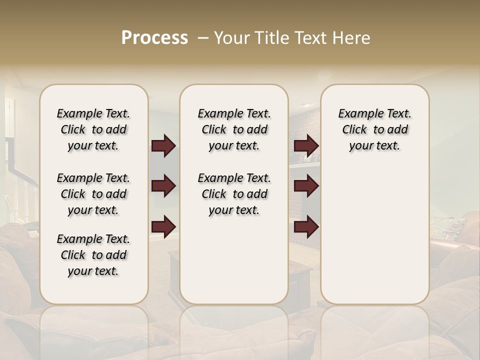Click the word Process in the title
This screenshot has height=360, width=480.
pyautogui.click(x=154, y=37)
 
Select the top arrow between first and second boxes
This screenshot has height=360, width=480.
pyautogui.click(x=163, y=146)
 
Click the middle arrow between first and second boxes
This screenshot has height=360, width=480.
pyautogui.click(x=163, y=186)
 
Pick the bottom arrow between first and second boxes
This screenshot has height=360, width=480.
pyautogui.click(x=163, y=227)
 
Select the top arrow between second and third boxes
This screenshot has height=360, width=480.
pyautogui.click(x=306, y=146)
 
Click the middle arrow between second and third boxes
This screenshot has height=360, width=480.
pyautogui.click(x=306, y=186)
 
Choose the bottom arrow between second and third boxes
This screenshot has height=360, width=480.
pyautogui.click(x=306, y=227)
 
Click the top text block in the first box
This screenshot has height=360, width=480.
pyautogui.click(x=93, y=129)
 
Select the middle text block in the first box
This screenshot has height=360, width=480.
pyautogui.click(x=93, y=194)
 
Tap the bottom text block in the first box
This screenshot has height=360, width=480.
pyautogui.click(x=93, y=255)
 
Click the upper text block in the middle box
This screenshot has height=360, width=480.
pyautogui.click(x=234, y=129)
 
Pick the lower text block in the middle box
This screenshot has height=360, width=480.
pyautogui.click(x=234, y=194)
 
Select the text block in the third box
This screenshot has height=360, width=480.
pyautogui.click(x=374, y=129)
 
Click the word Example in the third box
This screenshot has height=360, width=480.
pyautogui.click(x=357, y=114)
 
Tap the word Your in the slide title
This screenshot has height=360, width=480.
pyautogui.click(x=230, y=38)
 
